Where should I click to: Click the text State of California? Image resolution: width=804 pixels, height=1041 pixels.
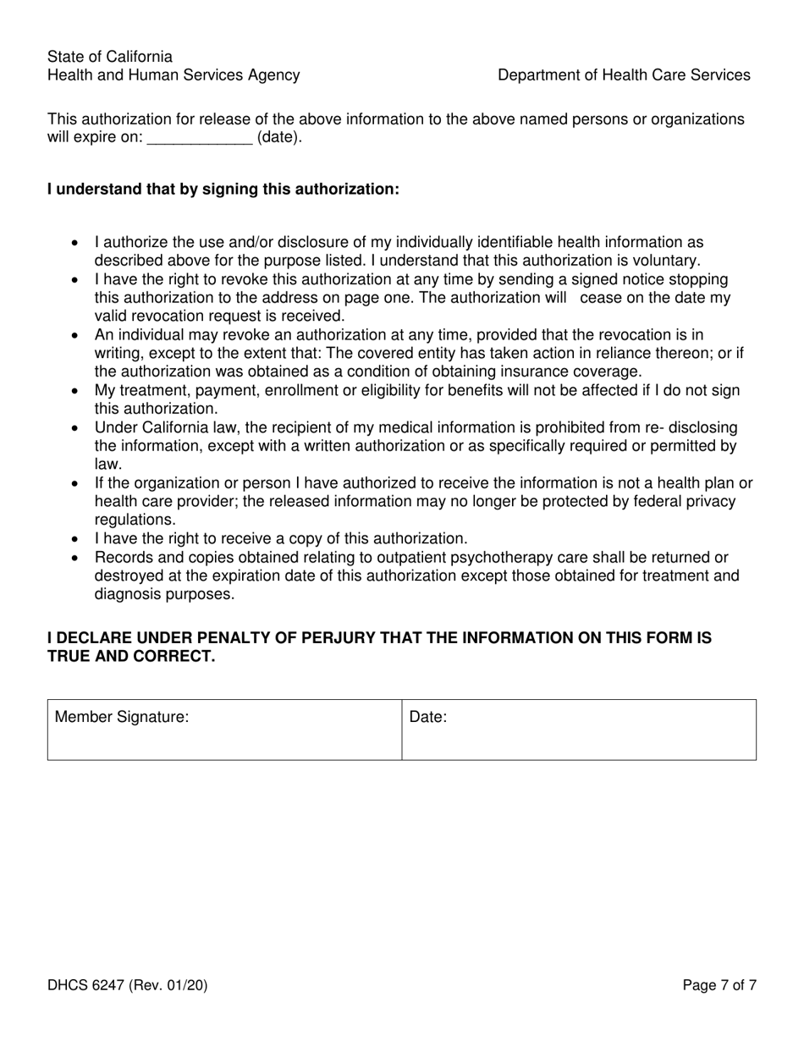tap(110, 57)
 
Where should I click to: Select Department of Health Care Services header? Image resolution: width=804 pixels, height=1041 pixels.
tap(624, 75)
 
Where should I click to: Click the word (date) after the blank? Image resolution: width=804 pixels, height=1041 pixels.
tap(279, 138)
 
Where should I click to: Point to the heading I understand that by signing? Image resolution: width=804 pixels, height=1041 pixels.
tap(223, 190)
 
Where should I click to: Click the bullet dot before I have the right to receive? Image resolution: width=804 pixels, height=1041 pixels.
tap(76, 539)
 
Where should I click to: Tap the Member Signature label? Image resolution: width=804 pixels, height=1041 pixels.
tap(121, 718)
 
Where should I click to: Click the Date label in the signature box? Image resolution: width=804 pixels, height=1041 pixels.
tap(428, 718)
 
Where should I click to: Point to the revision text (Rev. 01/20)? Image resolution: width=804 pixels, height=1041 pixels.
tap(168, 985)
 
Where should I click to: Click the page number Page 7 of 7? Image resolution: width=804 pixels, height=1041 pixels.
tap(719, 985)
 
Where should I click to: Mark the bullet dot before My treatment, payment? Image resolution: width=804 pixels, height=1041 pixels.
tap(76, 391)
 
